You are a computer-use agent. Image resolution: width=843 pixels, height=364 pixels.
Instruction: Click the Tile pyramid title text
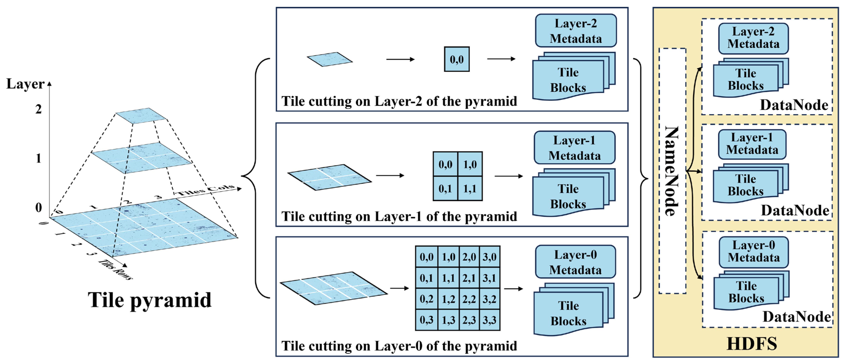tap(150, 300)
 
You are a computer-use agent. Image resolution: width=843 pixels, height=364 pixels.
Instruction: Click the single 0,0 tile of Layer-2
tap(457, 59)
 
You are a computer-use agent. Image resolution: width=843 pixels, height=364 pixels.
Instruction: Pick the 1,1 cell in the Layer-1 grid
tap(470, 189)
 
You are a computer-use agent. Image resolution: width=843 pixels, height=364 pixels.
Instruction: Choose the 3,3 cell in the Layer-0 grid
tap(489, 320)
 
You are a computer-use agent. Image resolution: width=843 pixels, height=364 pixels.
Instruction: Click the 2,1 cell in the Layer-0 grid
tap(469, 278)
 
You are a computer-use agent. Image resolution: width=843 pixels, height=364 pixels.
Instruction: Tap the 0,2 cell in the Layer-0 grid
tap(426, 299)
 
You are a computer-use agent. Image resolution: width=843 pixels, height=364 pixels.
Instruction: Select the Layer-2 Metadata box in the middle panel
tap(576, 31)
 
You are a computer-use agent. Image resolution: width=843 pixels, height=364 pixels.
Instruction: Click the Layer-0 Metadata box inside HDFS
tap(753, 252)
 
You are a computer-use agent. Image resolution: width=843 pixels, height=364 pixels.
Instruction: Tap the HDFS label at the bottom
tap(752, 344)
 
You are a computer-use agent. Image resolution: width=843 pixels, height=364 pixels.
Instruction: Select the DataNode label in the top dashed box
tap(794, 105)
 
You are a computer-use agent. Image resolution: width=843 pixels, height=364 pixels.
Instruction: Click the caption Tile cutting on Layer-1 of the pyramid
tap(399, 216)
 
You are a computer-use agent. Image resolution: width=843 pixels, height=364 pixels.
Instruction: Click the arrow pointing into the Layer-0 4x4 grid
tap(400, 288)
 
